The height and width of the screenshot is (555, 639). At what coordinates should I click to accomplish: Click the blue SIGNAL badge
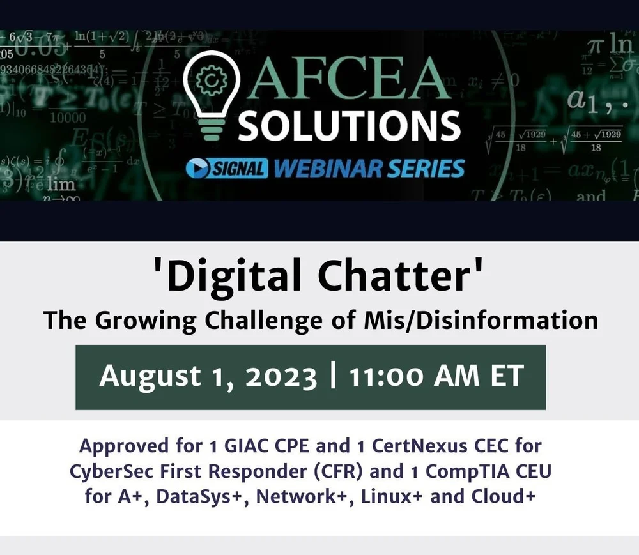coord(227,169)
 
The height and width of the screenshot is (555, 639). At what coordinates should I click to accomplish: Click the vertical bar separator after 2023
coord(333,377)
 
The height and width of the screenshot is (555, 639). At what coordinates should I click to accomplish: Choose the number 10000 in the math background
coord(67,118)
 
